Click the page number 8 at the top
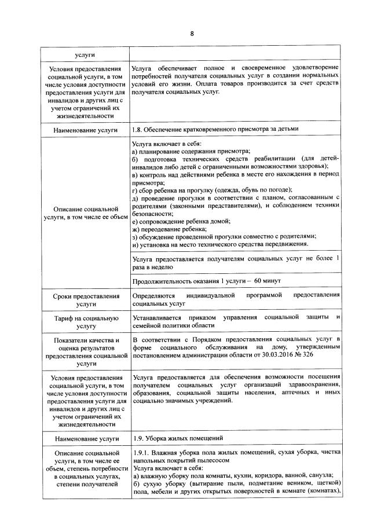[192, 32]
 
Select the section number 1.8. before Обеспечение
[138, 129]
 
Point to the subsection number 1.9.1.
[142, 452]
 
